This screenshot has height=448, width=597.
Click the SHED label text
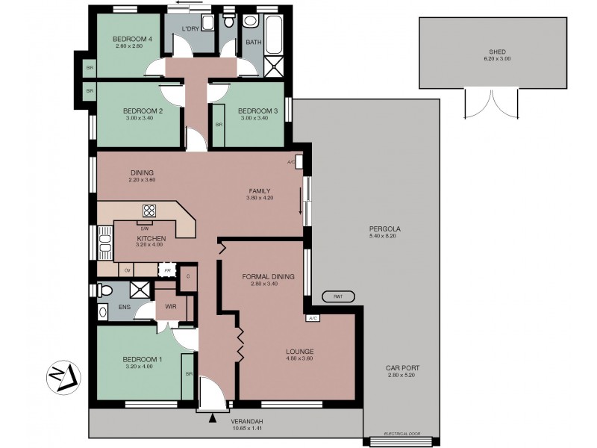pos(490,52)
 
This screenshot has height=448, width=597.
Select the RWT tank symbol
pos(338,297)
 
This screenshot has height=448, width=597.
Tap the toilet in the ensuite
pos(104,290)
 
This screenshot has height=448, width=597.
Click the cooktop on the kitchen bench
pos(149,211)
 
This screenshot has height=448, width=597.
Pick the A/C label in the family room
pos(291,161)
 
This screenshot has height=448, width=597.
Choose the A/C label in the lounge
pos(312,318)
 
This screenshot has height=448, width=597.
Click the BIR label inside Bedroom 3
pos(219,125)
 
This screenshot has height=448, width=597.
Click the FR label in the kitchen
pos(168,270)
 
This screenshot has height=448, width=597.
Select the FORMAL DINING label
pos(268,276)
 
